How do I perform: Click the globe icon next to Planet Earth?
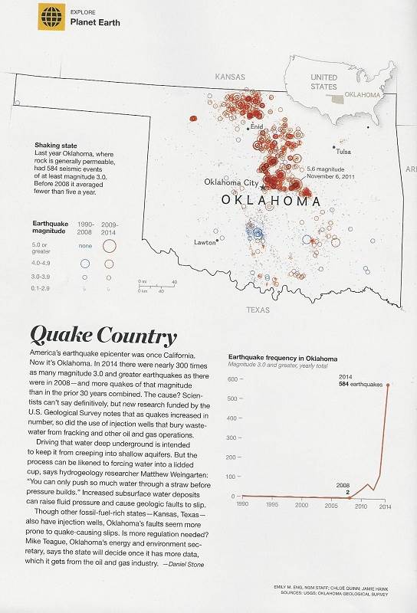(x=51, y=17)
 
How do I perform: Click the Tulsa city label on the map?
(x=343, y=151)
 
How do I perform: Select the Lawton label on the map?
(x=205, y=242)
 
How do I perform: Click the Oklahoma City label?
(x=231, y=182)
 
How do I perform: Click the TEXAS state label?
(x=258, y=310)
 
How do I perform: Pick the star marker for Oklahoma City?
(x=264, y=186)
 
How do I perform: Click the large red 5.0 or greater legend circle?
(x=109, y=246)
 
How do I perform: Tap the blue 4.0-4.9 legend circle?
(x=84, y=262)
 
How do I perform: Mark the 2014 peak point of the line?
(x=388, y=385)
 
